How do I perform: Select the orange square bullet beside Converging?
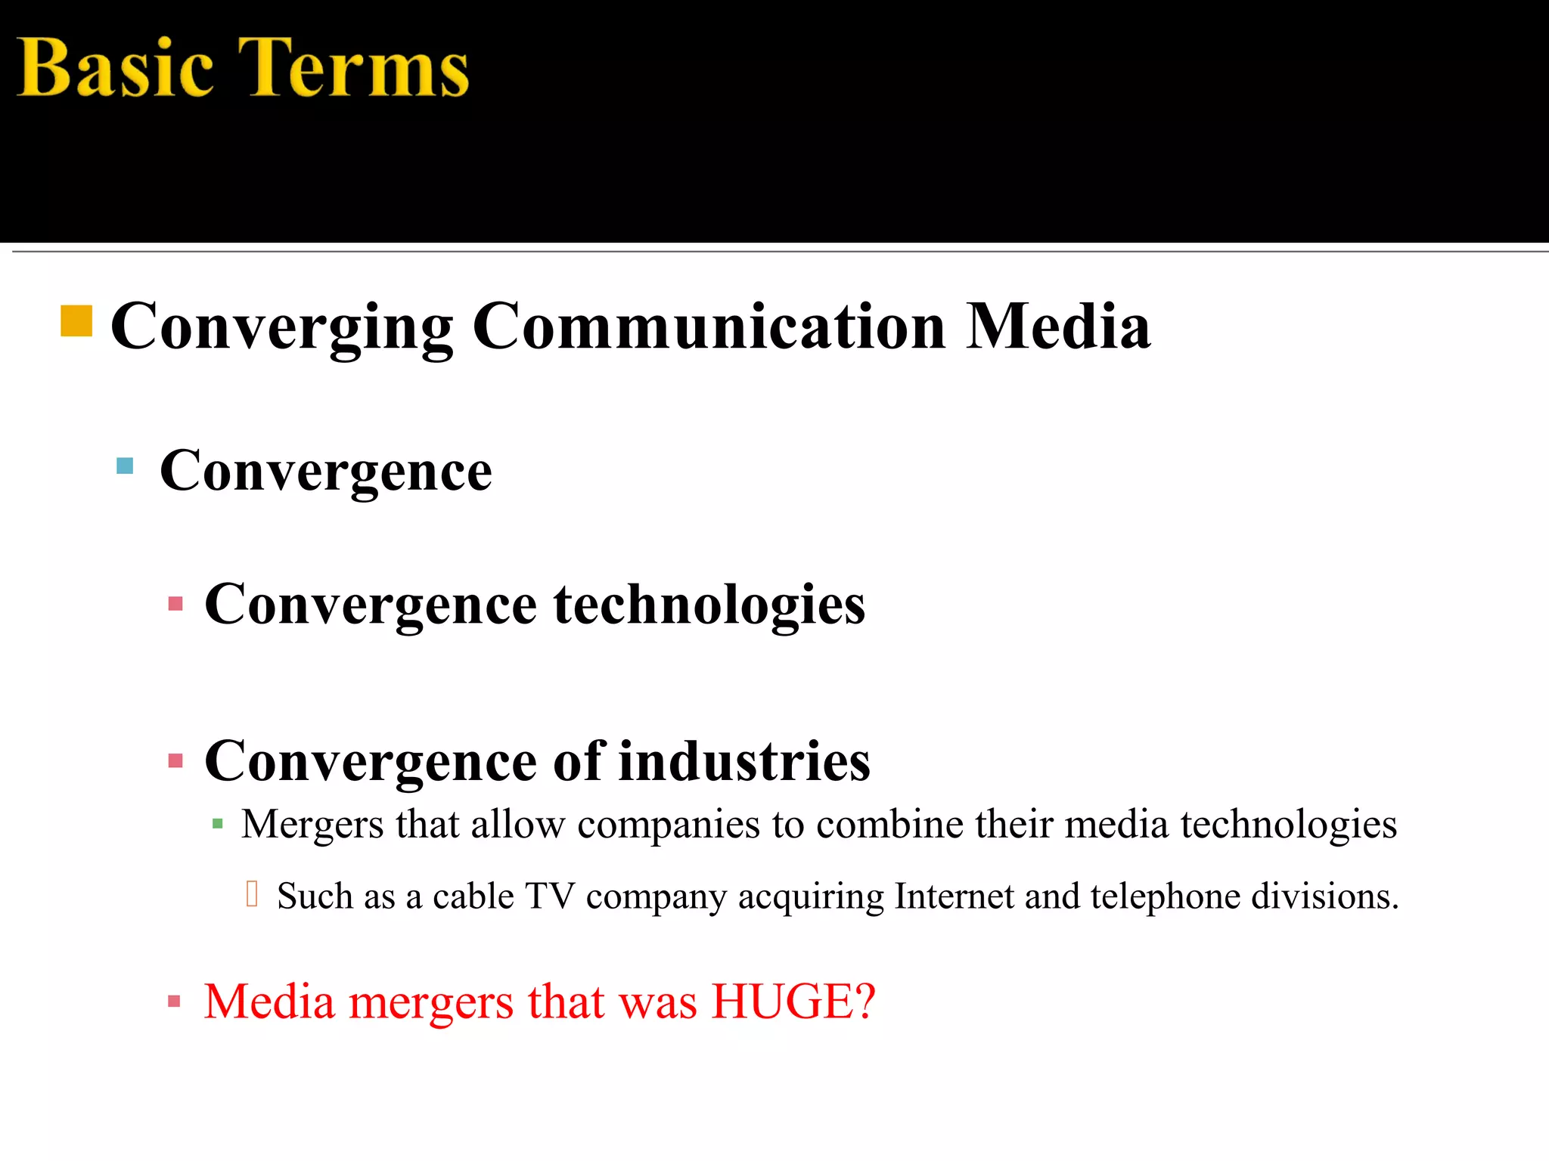coord(76,320)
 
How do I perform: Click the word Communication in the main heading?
coord(709,327)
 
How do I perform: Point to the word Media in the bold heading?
coord(1058,327)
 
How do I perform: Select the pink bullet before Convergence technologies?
coord(175,604)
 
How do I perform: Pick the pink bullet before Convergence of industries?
coord(175,760)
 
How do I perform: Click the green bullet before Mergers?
coord(218,824)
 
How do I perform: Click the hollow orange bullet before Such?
coord(253,893)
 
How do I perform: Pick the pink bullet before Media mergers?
coord(175,1002)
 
